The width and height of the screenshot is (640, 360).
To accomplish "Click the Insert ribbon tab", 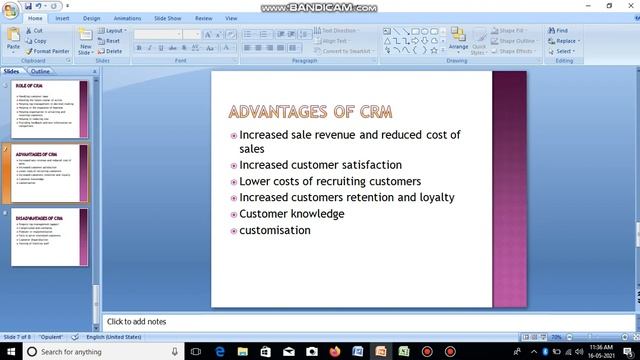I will point(63,18).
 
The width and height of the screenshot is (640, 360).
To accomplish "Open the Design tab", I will point(92,18).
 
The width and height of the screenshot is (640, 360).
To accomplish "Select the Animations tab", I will point(127,18).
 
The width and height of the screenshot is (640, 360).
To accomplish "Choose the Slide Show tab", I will point(167,18).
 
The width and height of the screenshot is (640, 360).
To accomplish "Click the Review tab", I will point(204,18).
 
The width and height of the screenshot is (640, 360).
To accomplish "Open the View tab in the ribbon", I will point(232,18).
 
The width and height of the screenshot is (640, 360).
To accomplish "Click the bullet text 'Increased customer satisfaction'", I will point(320,165).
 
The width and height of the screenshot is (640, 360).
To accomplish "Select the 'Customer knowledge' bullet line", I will point(291,214).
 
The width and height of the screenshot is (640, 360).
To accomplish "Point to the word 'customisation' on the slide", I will point(274,230).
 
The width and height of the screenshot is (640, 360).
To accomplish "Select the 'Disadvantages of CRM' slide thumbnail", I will point(50,236).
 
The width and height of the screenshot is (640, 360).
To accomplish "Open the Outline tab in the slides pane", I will point(41,72).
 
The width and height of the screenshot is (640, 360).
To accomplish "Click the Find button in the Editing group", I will point(561,31).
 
